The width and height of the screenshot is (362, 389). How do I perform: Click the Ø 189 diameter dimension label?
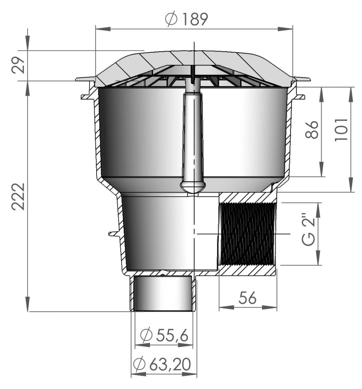[186, 19]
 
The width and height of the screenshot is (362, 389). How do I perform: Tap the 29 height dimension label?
[18, 65]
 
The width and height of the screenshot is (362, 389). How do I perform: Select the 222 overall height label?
[18, 197]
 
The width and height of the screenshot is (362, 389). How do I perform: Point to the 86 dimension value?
[312, 130]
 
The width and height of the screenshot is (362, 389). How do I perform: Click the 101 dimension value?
[341, 129]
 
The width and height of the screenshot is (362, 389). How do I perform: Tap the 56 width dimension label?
[248, 298]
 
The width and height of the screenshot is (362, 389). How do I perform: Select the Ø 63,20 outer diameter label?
[162, 364]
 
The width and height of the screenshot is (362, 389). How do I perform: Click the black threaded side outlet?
[248, 234]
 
